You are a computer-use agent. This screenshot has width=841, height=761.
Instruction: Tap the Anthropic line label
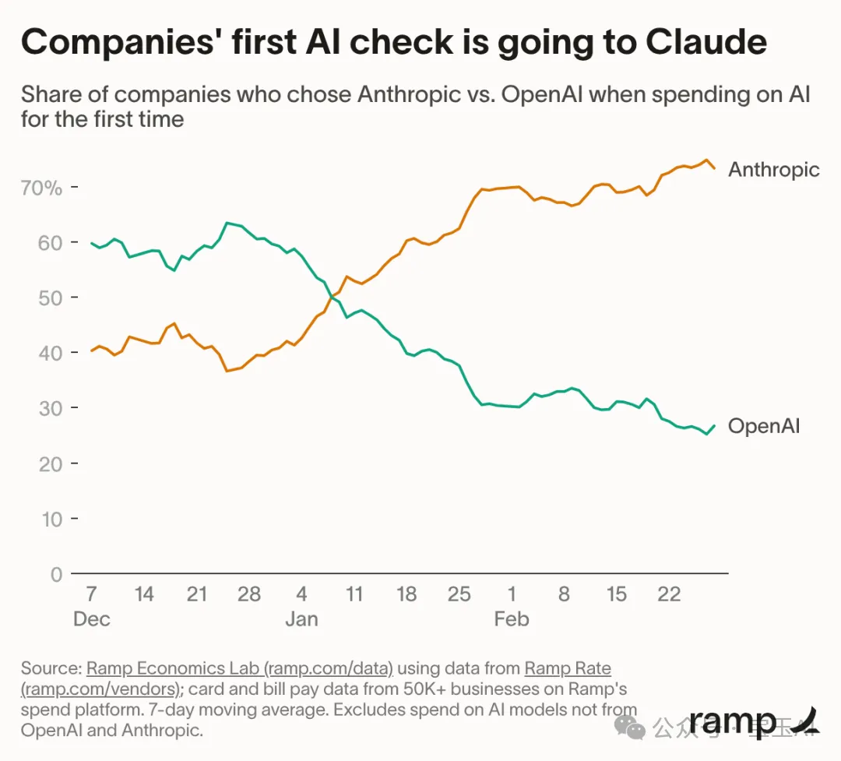coord(773,170)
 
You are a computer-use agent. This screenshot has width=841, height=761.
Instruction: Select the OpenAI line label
coord(763,426)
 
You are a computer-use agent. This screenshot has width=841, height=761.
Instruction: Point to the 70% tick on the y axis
coord(40,188)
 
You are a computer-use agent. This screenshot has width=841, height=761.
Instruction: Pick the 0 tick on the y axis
coord(55,575)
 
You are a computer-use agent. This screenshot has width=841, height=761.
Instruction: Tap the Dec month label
coord(91,620)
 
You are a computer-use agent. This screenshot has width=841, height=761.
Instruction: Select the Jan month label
coord(301,620)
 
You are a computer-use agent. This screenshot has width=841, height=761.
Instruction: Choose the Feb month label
coord(512,620)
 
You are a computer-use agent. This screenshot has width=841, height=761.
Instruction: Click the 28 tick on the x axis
coord(249,595)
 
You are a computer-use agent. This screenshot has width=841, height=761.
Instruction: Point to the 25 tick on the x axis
coord(459,595)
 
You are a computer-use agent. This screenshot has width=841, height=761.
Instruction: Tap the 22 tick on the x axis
coord(669,595)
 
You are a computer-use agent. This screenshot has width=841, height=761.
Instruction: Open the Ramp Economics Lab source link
coord(241,669)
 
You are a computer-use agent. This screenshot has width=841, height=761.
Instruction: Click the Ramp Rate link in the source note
coord(568,669)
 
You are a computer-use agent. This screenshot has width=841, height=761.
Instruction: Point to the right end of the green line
coord(715,425)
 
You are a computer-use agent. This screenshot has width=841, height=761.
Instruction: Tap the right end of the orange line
coord(715,168)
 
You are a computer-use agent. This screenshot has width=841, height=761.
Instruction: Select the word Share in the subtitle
coord(51,95)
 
